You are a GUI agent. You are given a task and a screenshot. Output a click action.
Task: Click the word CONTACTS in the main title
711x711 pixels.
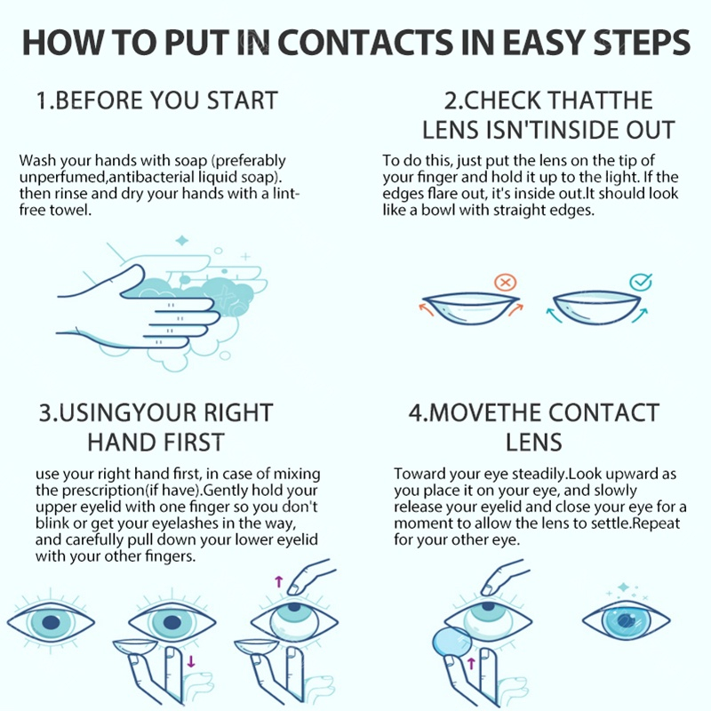tap(364, 43)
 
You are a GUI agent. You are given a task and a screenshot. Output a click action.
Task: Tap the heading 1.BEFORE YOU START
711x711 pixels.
tap(157, 100)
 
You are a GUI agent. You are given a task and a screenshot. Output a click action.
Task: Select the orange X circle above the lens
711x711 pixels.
tap(505, 283)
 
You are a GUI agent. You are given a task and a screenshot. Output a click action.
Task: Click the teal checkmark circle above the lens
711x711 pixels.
tap(641, 282)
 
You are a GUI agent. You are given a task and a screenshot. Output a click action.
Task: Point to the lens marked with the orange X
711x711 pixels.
tap(471, 308)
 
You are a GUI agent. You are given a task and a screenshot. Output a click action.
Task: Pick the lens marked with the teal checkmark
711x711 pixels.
tap(596, 308)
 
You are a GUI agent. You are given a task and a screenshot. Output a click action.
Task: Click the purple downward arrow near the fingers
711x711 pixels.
tap(191, 660)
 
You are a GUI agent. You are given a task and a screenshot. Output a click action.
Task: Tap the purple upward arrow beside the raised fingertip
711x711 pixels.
tap(279, 581)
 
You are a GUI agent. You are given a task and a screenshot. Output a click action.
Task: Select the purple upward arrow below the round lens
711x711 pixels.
tap(471, 663)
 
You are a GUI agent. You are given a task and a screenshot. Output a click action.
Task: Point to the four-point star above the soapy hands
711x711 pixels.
tap(182, 240)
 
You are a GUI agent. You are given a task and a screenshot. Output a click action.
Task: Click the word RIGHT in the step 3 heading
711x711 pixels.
tap(237, 412)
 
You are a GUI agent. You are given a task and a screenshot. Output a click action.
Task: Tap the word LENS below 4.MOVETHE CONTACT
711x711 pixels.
tap(534, 442)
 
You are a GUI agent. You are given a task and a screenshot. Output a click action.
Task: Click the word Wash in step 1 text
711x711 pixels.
tap(37, 161)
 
